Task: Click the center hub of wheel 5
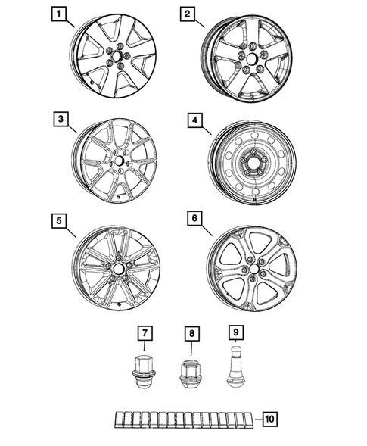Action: pyautogui.click(x=120, y=268)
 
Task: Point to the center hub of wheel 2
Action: pyautogui.click(x=249, y=59)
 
